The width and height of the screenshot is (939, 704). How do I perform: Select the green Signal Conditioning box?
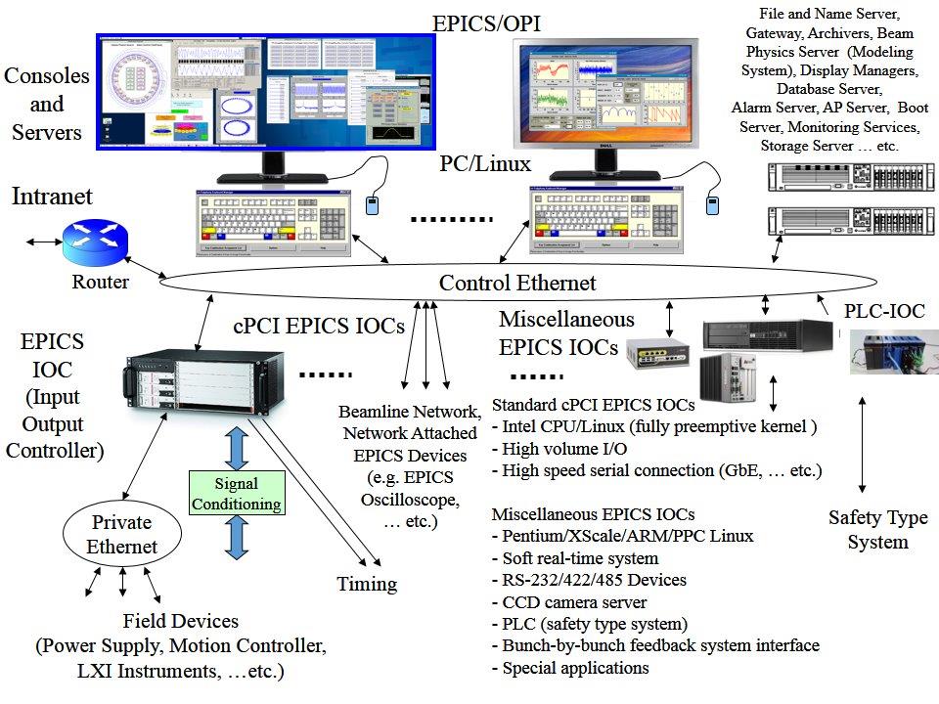click(x=237, y=494)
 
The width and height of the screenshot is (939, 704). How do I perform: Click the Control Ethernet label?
click(x=516, y=284)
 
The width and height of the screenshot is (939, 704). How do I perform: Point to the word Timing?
click(x=367, y=584)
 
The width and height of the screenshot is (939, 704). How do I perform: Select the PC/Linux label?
click(x=485, y=163)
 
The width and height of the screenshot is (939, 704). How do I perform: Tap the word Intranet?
click(x=52, y=197)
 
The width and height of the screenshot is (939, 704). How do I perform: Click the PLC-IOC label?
click(x=883, y=312)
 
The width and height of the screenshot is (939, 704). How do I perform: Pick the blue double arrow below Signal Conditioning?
click(x=236, y=539)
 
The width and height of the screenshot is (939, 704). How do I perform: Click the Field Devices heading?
click(x=180, y=621)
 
